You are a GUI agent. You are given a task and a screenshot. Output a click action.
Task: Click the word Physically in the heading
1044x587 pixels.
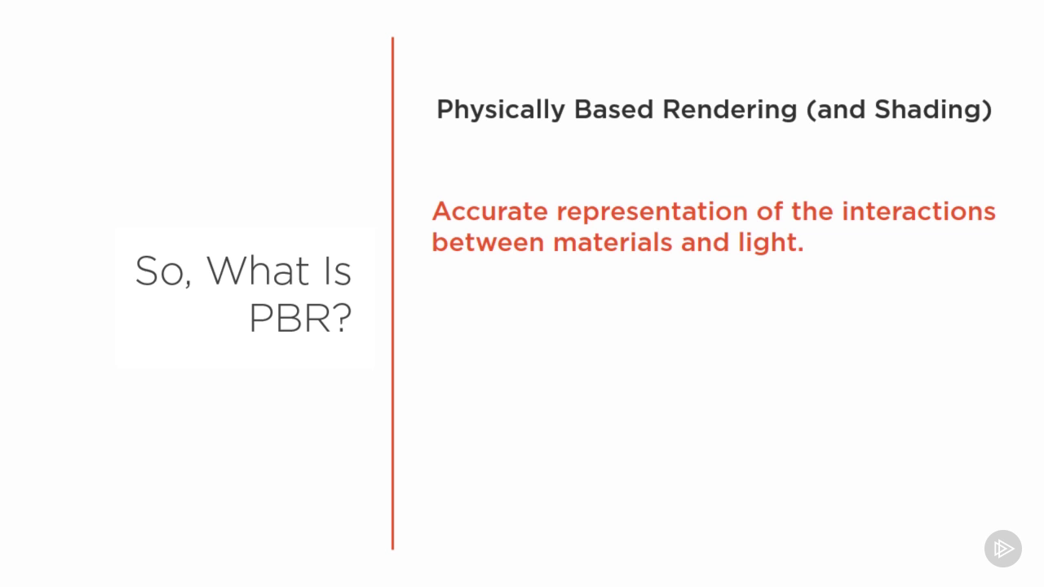(501, 110)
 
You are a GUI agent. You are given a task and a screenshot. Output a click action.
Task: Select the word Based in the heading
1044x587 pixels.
(613, 110)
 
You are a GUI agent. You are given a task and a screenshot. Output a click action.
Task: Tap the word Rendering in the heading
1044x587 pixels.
(729, 110)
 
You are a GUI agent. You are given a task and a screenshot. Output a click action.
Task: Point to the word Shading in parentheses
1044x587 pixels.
(928, 110)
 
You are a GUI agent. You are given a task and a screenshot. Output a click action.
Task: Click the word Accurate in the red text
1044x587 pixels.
(490, 211)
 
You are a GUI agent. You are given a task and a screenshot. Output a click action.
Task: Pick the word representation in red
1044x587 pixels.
(652, 213)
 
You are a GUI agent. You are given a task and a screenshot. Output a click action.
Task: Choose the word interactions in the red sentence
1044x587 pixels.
(918, 211)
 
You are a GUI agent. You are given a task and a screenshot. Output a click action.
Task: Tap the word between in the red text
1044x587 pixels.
(488, 242)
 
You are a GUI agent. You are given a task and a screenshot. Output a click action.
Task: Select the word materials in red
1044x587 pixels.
(613, 242)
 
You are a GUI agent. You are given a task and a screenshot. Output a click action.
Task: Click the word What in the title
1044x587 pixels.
(258, 271)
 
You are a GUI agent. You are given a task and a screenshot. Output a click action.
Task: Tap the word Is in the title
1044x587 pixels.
(338, 271)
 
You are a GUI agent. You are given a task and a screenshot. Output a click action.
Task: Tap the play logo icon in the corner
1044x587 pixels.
(1003, 549)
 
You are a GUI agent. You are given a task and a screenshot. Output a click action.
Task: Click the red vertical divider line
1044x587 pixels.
(393, 293)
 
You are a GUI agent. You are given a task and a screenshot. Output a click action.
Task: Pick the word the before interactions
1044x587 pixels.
(812, 211)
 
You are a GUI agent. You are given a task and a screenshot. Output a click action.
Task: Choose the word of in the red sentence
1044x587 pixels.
(769, 211)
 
